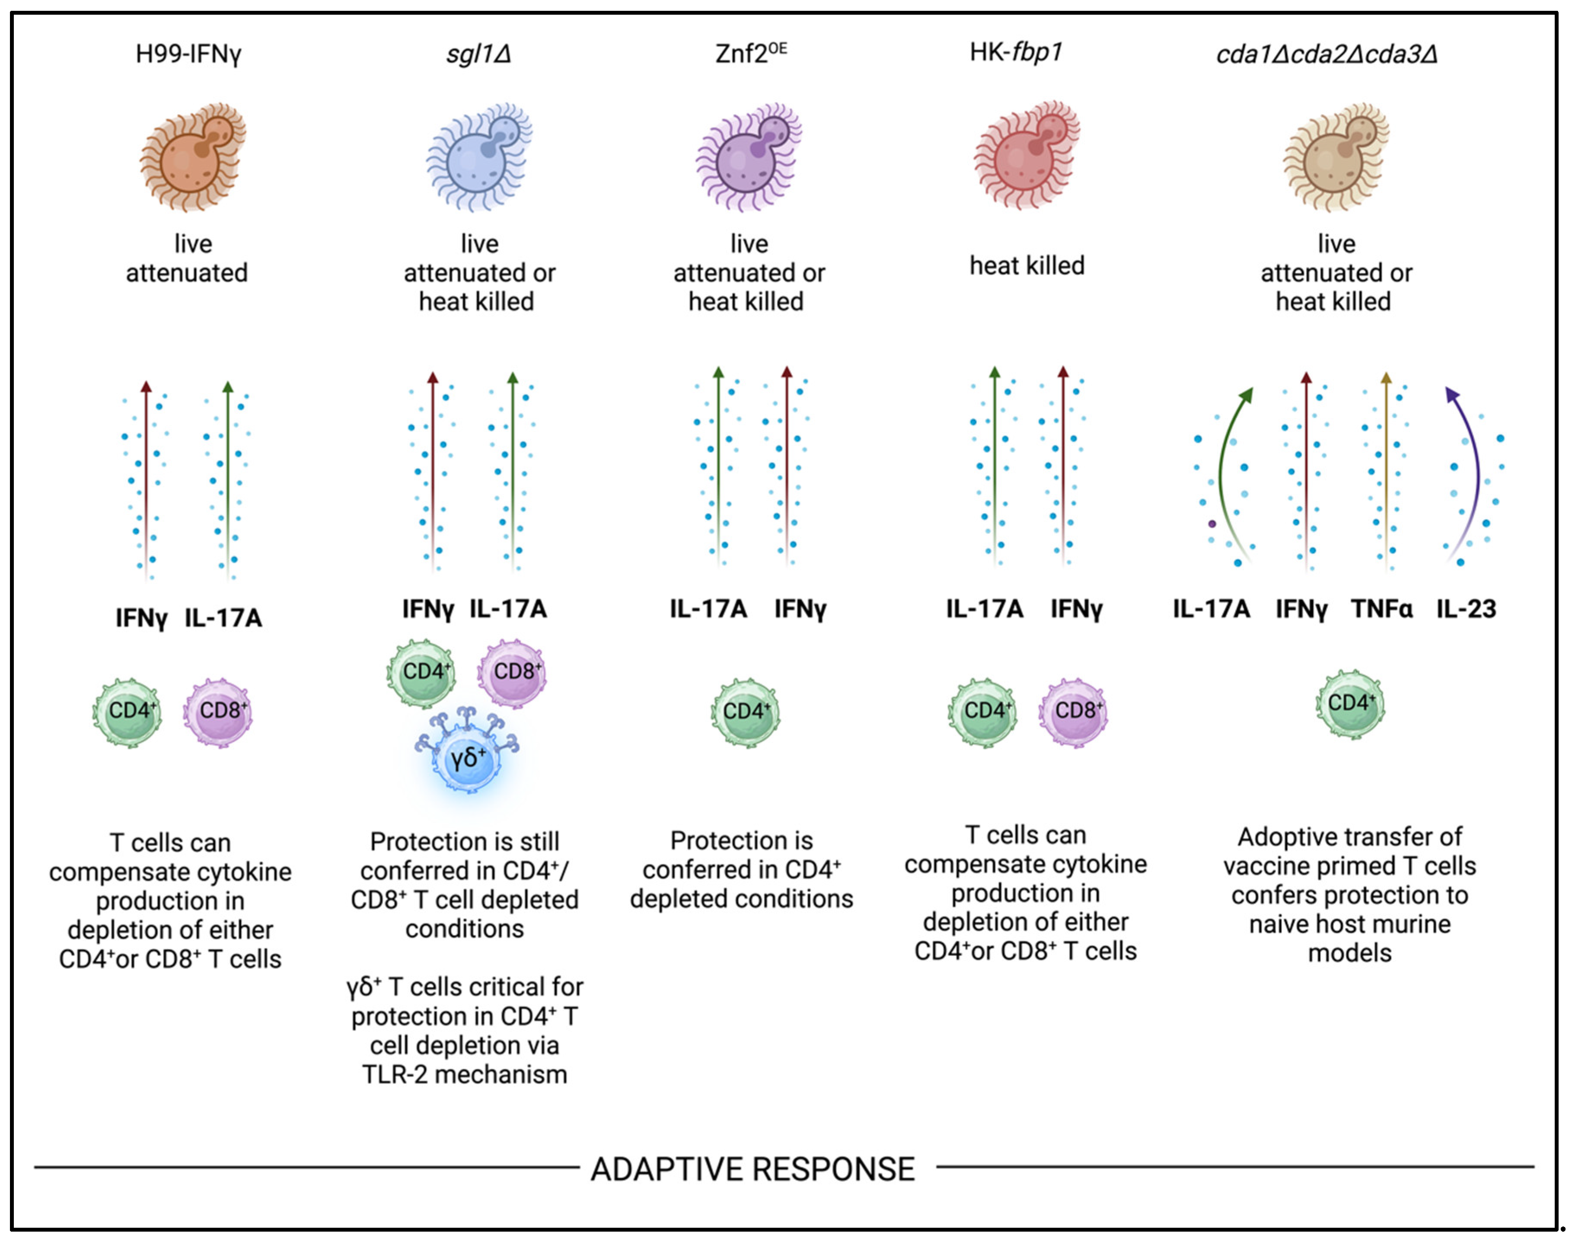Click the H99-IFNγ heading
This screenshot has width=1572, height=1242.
(188, 54)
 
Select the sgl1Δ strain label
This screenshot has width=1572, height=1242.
(478, 54)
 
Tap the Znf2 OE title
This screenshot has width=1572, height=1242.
(750, 54)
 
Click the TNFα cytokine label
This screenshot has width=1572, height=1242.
(1381, 609)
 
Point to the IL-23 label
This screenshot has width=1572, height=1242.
(1466, 609)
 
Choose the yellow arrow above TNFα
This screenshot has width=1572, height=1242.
(1386, 473)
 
